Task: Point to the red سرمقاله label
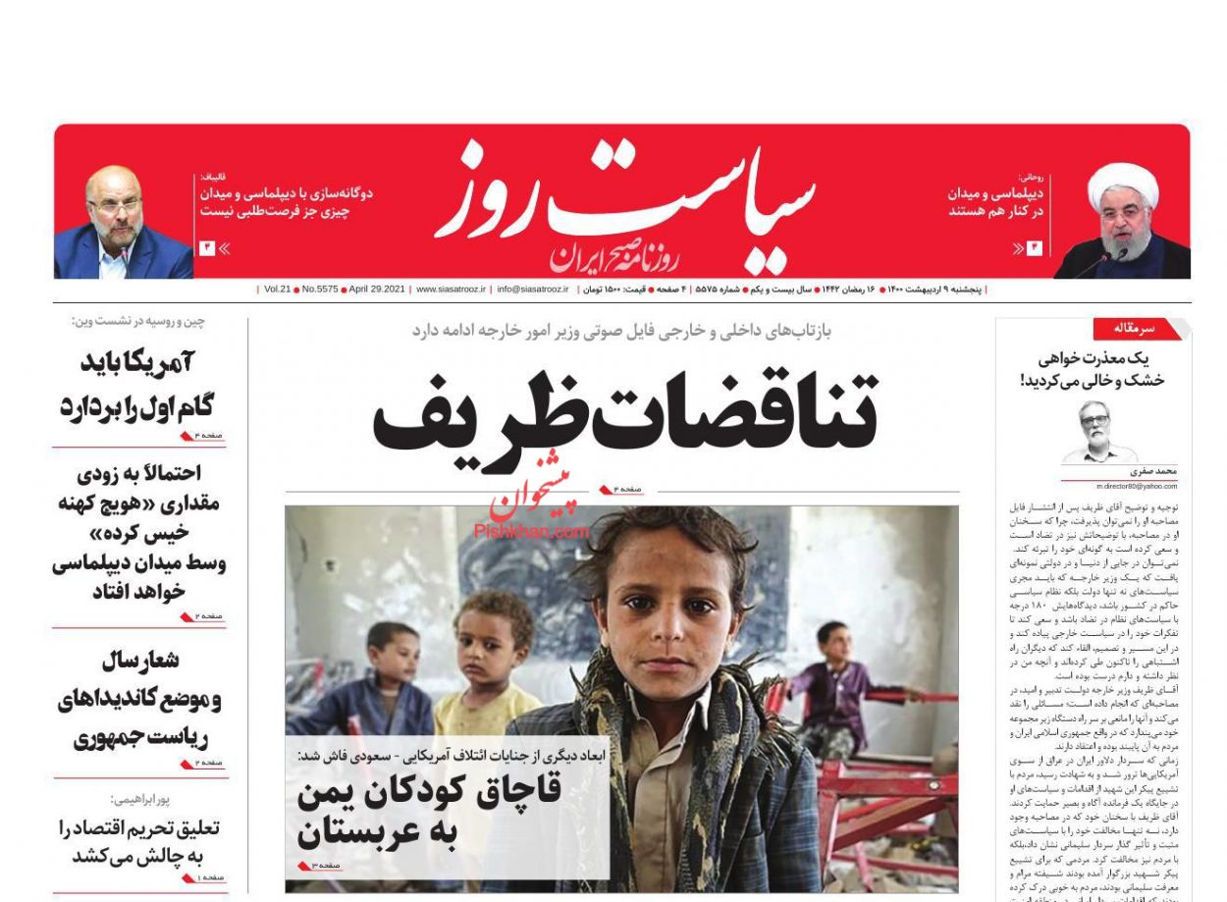[1133, 329]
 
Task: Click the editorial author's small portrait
[1096, 430]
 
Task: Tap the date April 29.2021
[378, 290]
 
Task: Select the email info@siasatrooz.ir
[533, 290]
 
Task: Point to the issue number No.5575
[319, 290]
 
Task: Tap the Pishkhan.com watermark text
[532, 531]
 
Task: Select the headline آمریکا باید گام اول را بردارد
[138, 383]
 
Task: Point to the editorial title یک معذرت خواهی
[1094, 368]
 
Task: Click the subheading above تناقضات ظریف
[621, 331]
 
